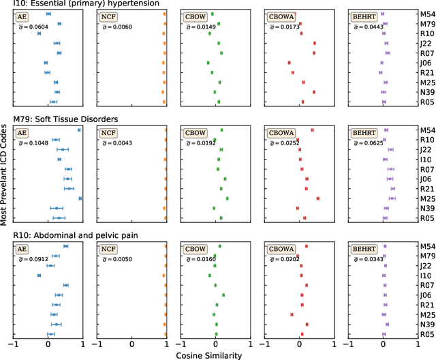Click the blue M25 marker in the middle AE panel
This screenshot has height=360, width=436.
point(80,198)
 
